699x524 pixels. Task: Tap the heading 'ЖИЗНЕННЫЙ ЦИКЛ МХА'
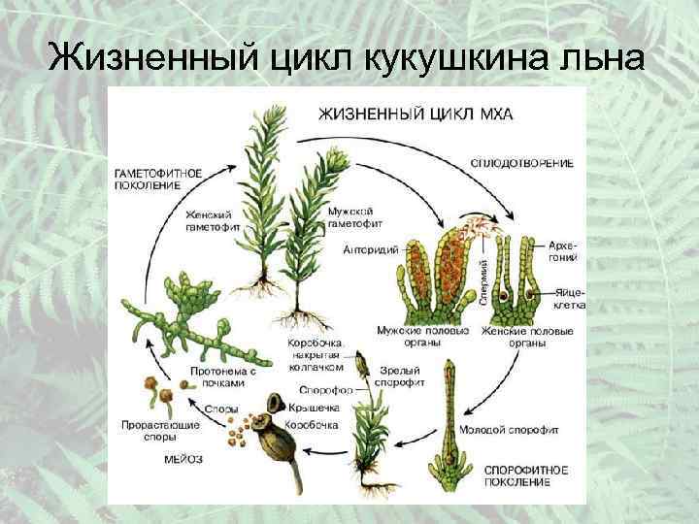click(416, 115)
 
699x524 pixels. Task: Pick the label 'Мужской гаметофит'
click(350, 216)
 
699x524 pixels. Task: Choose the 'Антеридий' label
click(370, 249)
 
